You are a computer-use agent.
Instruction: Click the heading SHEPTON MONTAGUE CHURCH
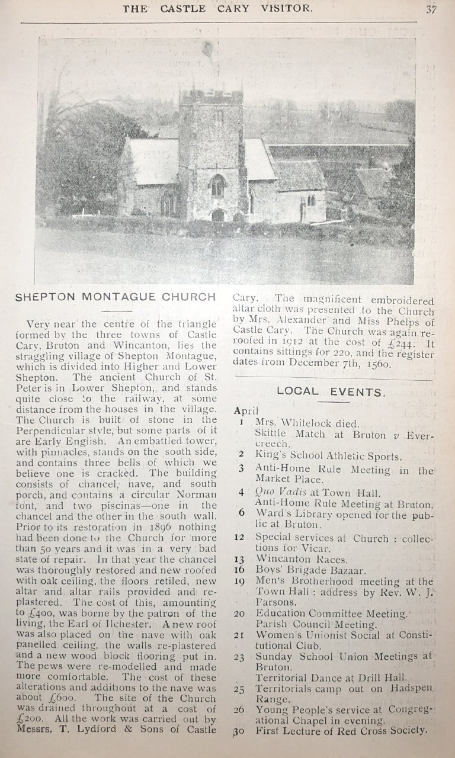[x=116, y=297]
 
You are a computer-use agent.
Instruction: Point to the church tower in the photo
[x=212, y=148]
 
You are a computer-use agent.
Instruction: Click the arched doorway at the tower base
[x=218, y=215]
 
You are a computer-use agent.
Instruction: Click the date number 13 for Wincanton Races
[x=241, y=559]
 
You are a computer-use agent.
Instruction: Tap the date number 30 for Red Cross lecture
[x=239, y=731]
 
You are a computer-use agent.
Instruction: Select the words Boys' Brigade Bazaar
[x=311, y=571]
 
